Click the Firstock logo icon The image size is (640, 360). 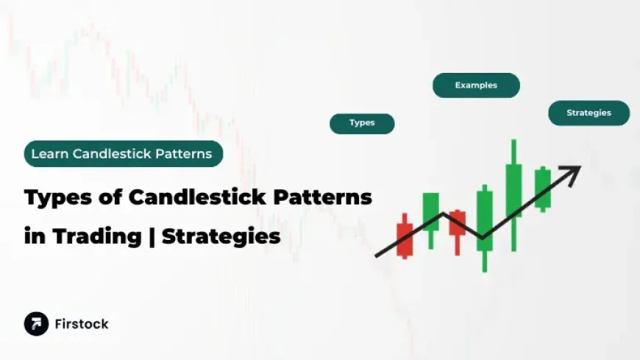(36, 324)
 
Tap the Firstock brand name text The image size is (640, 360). (81, 324)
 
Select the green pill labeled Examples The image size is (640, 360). (476, 85)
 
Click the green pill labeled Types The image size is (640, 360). (362, 123)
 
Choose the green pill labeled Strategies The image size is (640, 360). (589, 113)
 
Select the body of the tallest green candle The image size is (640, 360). (513, 189)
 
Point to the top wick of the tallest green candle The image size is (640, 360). (513, 151)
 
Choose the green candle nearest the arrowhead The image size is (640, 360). (542, 188)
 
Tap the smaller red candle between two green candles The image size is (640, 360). (458, 223)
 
